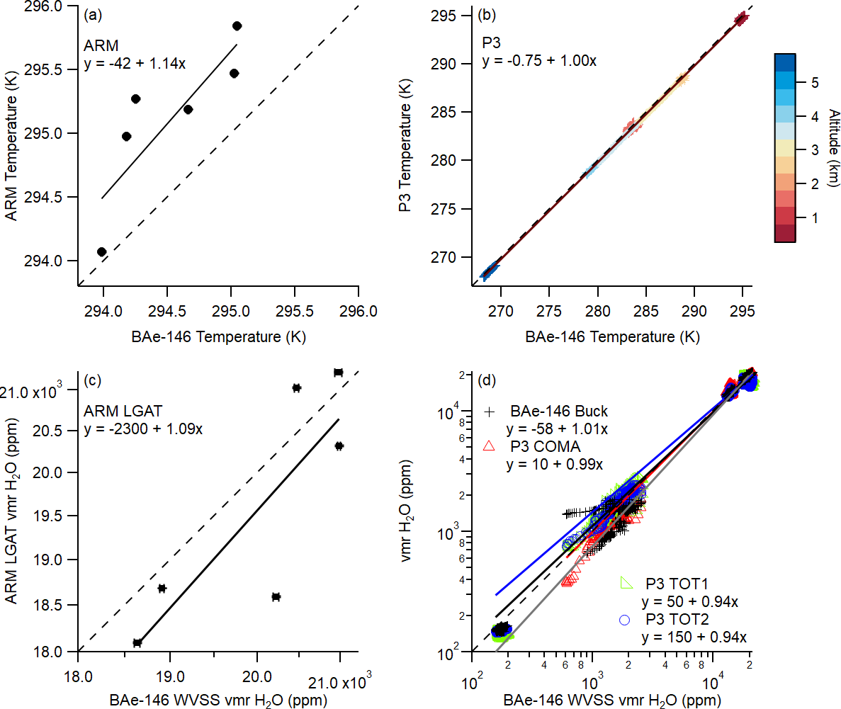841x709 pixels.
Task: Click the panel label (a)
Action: [x=91, y=15]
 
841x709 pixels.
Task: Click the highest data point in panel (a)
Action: [x=237, y=26]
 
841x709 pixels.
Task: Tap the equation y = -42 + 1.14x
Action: [x=134, y=64]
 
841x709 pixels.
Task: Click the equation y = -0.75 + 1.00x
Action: [x=538, y=61]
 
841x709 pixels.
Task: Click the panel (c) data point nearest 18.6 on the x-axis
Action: [x=137, y=642]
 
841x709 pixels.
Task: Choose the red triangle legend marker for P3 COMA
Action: [x=487, y=446]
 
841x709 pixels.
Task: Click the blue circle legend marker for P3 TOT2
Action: [x=625, y=620]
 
